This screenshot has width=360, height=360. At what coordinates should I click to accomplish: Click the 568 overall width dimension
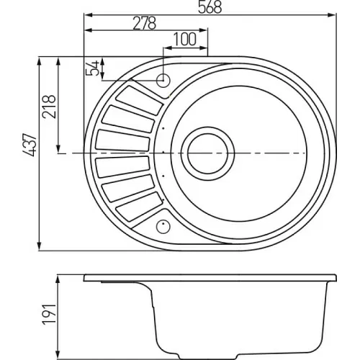(210, 7)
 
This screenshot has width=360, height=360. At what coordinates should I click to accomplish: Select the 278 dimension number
(145, 23)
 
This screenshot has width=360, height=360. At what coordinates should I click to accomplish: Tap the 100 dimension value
(185, 39)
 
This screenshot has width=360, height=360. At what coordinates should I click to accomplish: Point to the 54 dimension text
(92, 68)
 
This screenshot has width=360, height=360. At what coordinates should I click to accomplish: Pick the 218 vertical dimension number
(49, 107)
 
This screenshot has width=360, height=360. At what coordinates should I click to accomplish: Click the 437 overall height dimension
(30, 145)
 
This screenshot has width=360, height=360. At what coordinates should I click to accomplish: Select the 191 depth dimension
(49, 315)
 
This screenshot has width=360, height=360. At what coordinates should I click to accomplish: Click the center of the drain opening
(207, 153)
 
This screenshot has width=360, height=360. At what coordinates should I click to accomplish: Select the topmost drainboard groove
(139, 100)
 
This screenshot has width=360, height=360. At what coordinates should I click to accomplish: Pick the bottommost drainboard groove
(139, 207)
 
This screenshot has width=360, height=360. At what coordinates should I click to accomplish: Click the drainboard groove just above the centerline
(122, 140)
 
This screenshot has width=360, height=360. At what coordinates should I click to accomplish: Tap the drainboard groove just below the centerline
(122, 167)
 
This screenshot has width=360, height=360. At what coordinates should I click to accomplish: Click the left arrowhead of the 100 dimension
(167, 48)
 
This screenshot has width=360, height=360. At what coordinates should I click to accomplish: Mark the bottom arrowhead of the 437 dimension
(39, 247)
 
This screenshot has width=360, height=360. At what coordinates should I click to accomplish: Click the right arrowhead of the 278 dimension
(203, 30)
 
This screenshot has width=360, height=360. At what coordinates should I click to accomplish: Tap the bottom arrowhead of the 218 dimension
(58, 149)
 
